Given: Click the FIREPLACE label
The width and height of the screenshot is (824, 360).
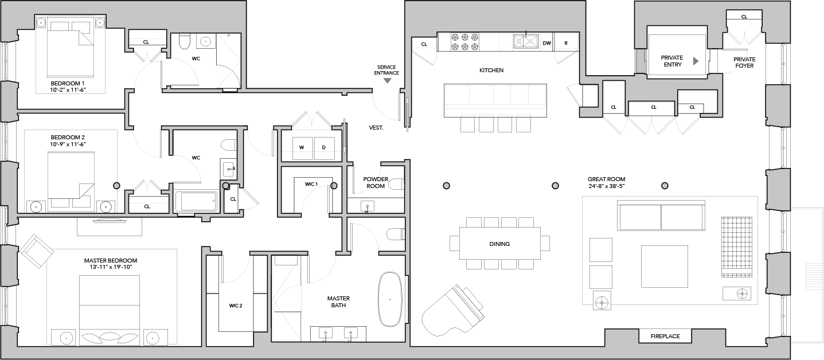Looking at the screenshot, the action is [665, 336].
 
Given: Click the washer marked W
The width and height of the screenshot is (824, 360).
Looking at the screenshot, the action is [302, 148].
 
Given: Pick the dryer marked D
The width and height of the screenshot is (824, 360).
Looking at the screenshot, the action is [325, 148].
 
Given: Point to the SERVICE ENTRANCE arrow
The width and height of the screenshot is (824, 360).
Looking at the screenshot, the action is [388, 81].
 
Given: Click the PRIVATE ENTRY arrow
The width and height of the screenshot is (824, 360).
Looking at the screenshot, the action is [696, 61].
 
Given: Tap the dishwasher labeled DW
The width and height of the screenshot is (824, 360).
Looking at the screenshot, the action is [546, 43].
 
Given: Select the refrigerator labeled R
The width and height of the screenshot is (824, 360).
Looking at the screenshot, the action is [566, 43].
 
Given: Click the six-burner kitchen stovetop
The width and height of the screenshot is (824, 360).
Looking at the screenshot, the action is [465, 42].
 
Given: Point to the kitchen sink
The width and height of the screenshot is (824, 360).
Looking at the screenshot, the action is [526, 41].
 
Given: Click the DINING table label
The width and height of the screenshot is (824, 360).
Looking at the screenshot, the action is [499, 244].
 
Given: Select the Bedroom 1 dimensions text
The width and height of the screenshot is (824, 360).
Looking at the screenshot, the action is [68, 90].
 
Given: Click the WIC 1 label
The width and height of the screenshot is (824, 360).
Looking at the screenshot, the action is [311, 184].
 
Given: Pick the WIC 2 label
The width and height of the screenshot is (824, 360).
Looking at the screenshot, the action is [236, 306].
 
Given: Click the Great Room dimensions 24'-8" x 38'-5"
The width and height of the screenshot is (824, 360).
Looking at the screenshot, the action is [607, 186].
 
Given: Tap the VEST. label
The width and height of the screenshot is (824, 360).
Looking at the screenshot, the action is [376, 128].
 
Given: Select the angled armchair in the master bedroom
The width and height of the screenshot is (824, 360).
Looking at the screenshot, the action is [37, 251].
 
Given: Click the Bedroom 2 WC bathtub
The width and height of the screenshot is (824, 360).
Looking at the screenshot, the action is [197, 201].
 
